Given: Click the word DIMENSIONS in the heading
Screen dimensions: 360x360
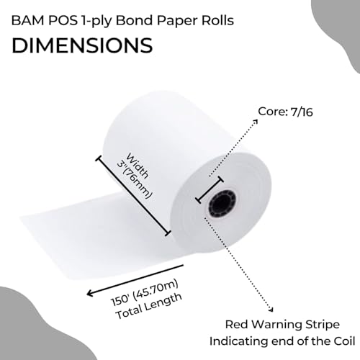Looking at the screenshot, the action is tap(82, 45).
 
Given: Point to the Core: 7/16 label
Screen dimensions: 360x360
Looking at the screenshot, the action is tap(285, 112).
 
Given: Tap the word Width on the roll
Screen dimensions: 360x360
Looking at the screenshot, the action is tap(137, 166).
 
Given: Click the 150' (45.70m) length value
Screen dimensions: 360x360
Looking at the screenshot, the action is tap(145, 292).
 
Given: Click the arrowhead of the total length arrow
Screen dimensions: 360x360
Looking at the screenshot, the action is tap(90, 293).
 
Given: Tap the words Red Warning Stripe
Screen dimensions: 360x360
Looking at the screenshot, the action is tap(282, 325).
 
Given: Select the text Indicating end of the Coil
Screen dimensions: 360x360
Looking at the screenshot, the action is tap(282, 341).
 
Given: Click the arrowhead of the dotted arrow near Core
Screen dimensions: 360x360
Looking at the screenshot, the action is tap(256, 121).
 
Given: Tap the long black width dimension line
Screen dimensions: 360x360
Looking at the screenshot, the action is tap(133, 196).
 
